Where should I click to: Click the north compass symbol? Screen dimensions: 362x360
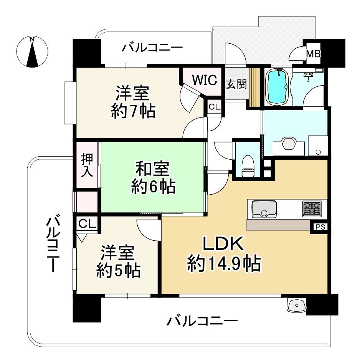click(x=33, y=51)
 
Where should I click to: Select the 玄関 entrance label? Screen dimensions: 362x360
click(x=236, y=84)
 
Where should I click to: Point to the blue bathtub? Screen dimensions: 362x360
click(x=276, y=86)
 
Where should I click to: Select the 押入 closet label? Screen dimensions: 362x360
click(x=87, y=165)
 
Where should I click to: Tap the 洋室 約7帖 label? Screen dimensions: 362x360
click(x=133, y=102)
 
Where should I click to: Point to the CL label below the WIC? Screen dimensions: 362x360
click(x=215, y=107)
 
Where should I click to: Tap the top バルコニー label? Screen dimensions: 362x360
click(x=152, y=48)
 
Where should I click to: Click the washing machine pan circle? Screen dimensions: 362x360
click(x=318, y=152)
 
